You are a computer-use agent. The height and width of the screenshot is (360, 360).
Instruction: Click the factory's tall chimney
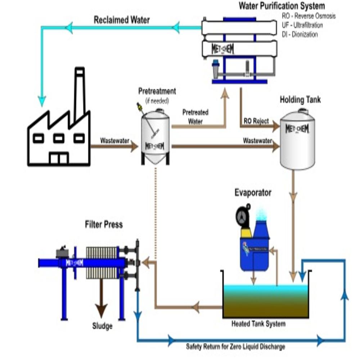(79, 92)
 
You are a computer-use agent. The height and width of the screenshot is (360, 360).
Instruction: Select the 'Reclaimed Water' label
(122, 20)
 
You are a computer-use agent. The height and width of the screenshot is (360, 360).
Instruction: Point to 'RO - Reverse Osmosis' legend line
(309, 16)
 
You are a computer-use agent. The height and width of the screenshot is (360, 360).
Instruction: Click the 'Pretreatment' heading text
(157, 91)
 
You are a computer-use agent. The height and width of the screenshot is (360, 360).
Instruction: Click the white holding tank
(297, 140)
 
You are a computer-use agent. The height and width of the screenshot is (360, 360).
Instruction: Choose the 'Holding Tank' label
(300, 100)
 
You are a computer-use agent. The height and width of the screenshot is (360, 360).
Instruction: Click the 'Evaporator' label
(253, 193)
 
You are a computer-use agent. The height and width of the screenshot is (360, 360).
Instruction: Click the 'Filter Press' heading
(104, 225)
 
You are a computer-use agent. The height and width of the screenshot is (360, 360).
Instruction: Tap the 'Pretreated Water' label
(195, 117)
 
